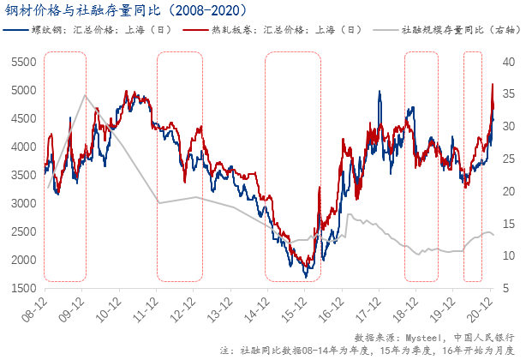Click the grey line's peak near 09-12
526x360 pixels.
click(x=84, y=94)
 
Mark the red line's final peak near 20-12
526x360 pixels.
click(x=493, y=84)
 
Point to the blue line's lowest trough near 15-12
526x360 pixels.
click(x=306, y=277)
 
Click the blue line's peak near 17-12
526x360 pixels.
click(x=379, y=92)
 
